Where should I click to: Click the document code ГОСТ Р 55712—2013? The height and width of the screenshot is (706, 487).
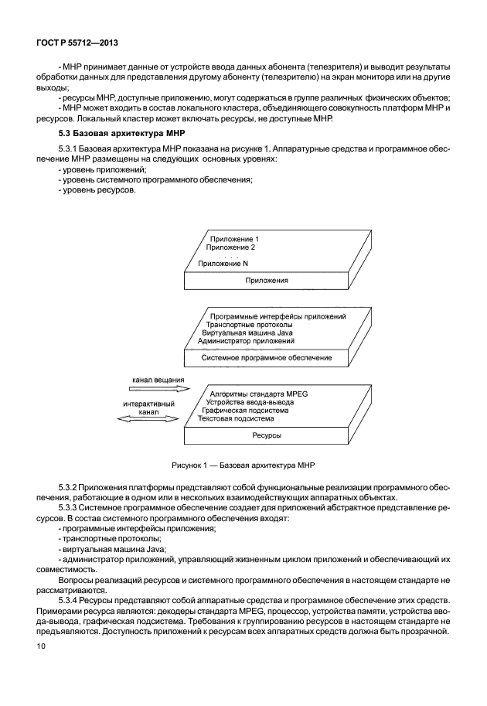pyautogui.click(x=77, y=43)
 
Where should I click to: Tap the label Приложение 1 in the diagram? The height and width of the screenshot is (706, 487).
pyautogui.click(x=234, y=239)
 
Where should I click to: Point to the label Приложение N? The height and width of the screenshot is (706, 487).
pyautogui.click(x=223, y=264)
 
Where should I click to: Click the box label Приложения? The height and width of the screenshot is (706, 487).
pyautogui.click(x=267, y=280)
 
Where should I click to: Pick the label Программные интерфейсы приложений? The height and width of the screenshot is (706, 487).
pyautogui.click(x=278, y=316)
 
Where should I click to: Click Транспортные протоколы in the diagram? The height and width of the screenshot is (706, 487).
pyautogui.click(x=250, y=325)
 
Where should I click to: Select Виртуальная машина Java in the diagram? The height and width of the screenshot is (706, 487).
pyautogui.click(x=247, y=333)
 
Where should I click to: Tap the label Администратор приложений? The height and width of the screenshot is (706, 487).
pyautogui.click(x=246, y=341)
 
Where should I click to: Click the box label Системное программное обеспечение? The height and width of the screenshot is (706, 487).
pyautogui.click(x=267, y=358)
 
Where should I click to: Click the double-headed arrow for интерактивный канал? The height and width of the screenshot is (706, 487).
pyautogui.click(x=148, y=419)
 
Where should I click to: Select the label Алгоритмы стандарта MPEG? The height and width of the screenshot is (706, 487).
pyautogui.click(x=259, y=394)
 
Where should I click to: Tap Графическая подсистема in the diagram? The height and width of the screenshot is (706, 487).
pyautogui.click(x=245, y=410)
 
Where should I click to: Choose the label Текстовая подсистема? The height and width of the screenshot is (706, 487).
pyautogui.click(x=236, y=418)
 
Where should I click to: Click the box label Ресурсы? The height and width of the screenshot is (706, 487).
pyautogui.click(x=267, y=435)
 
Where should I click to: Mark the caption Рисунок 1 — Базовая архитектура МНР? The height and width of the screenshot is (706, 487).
pyautogui.click(x=243, y=465)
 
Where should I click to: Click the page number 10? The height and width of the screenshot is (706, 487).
pyautogui.click(x=40, y=646)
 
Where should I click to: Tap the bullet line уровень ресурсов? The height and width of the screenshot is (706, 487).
pyautogui.click(x=97, y=190)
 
